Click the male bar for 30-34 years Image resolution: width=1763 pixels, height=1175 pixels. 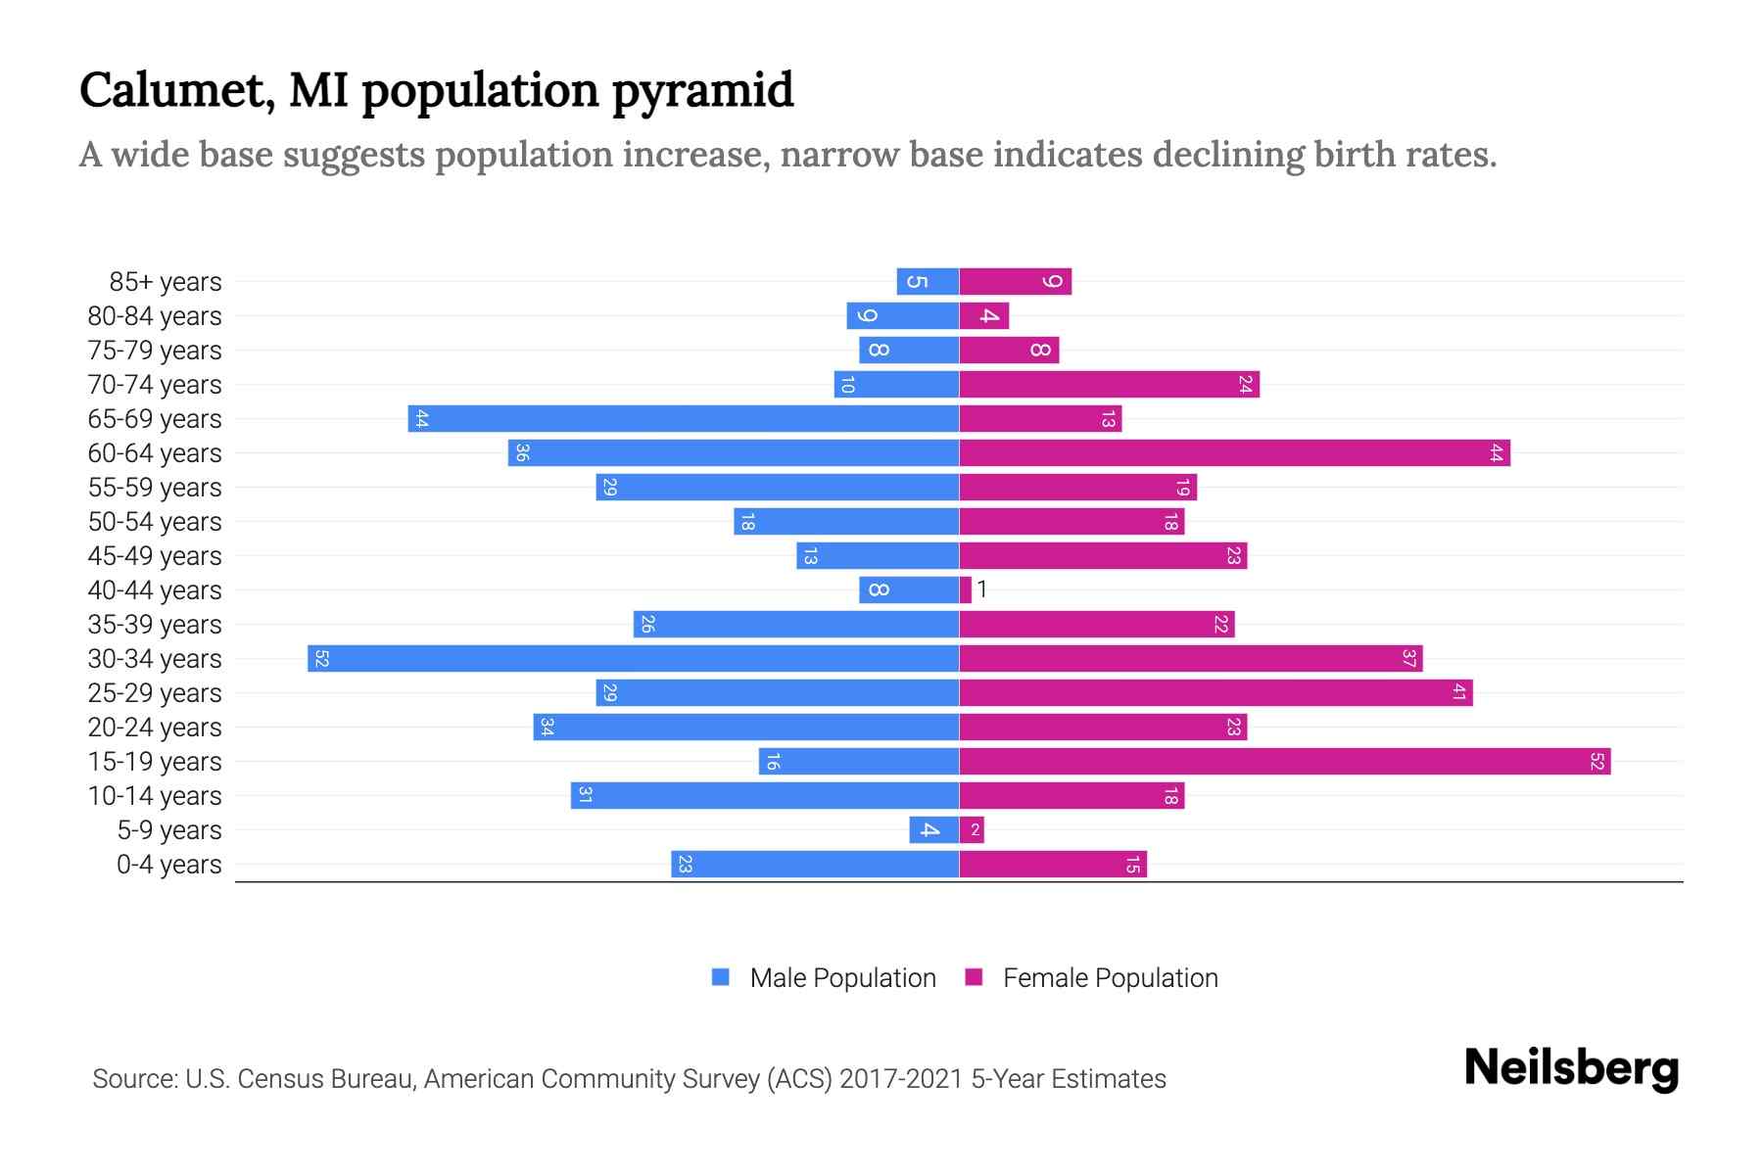tap(633, 658)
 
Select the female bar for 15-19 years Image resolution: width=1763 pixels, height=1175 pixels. tap(1284, 761)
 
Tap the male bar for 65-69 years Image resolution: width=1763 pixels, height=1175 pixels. tap(683, 418)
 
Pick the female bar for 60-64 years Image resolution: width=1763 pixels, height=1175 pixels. tap(1234, 452)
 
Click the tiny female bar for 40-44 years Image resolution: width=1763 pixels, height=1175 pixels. tap(966, 589)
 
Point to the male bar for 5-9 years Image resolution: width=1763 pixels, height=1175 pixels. tap(933, 829)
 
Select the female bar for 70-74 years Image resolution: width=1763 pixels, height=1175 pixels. tap(1109, 384)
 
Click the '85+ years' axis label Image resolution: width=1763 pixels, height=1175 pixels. tap(166, 282)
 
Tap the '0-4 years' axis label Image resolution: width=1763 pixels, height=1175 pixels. tap(168, 865)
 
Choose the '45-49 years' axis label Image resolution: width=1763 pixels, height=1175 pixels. tap(155, 556)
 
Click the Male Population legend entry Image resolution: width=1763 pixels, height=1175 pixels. tap(824, 977)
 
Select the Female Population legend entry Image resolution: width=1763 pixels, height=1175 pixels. tap(1092, 977)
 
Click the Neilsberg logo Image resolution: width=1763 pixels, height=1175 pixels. tap(1571, 1068)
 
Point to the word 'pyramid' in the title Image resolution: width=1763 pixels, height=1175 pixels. tap(702, 91)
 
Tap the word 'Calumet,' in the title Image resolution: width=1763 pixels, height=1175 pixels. tap(175, 91)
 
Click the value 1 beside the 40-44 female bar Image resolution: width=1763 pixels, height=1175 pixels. tap(982, 589)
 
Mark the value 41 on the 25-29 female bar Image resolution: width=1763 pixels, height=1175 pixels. tap(1458, 692)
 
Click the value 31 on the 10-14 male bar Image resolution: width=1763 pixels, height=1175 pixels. tap(585, 795)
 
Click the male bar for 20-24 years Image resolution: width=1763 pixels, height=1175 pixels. tap(745, 727)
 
